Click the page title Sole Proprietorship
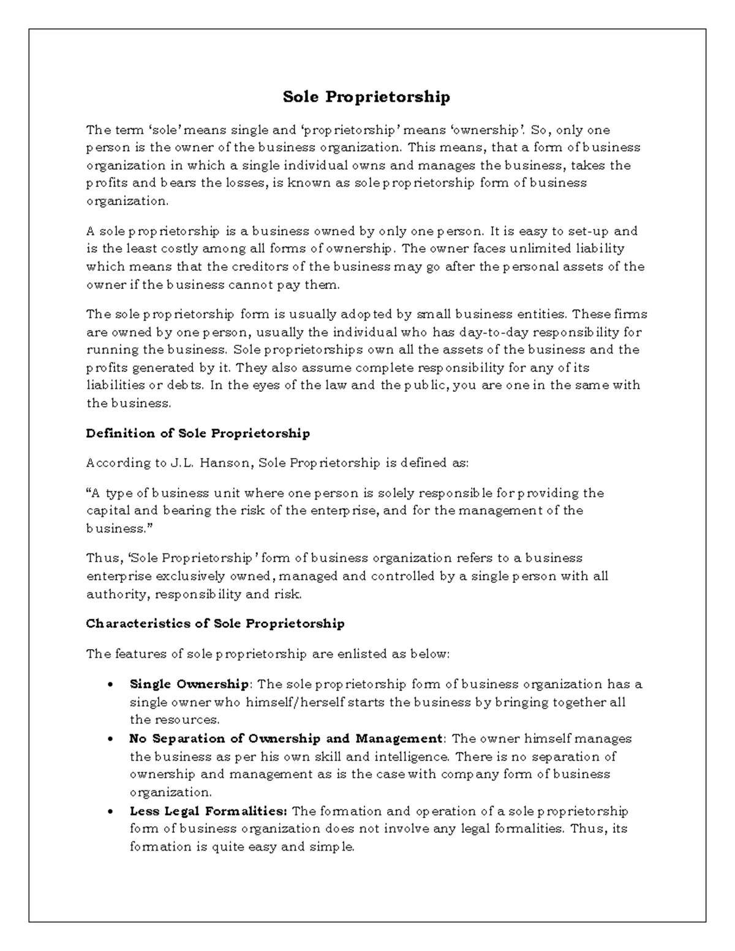coord(366,97)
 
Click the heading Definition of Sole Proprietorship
coord(198,434)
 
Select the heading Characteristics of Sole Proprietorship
coord(215,623)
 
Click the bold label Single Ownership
coord(189,684)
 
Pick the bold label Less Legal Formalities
coord(208,811)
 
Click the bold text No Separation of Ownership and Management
coord(285,739)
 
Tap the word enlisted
coord(361,654)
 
